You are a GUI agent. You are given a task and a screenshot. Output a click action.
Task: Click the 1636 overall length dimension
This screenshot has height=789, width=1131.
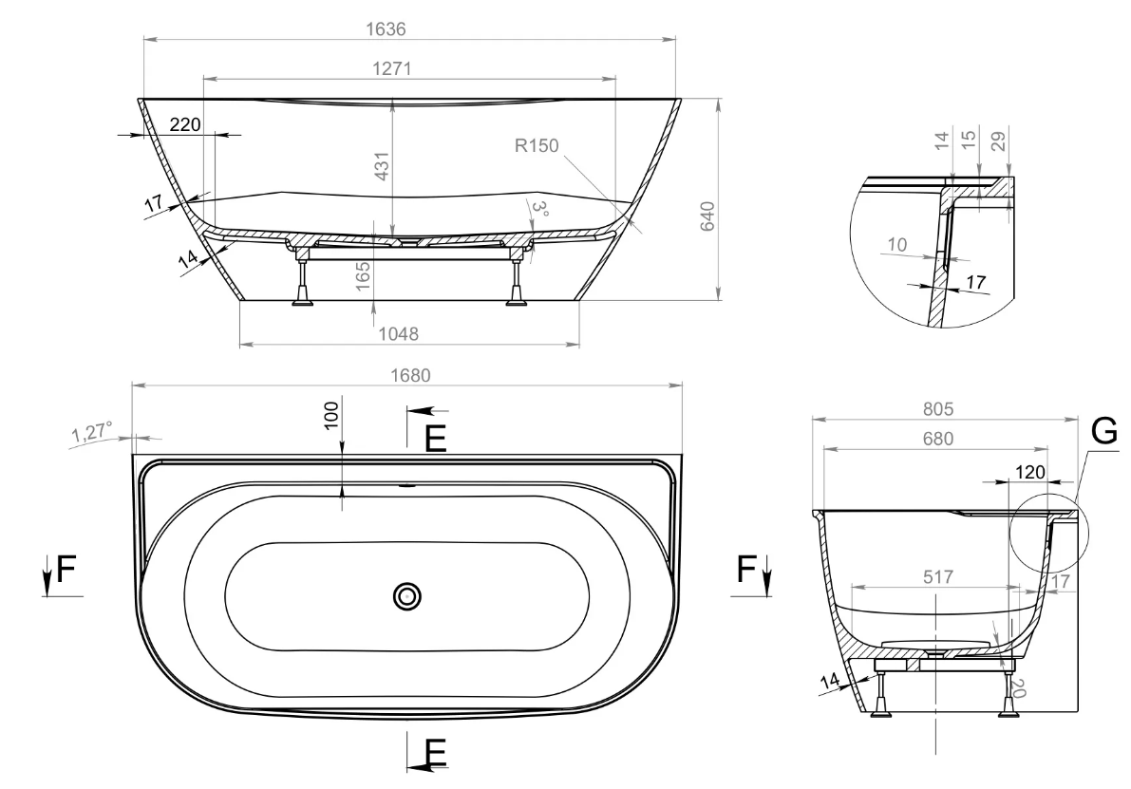pyautogui.click(x=386, y=28)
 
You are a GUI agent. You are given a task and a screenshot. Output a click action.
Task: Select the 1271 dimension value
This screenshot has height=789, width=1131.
pyautogui.click(x=391, y=67)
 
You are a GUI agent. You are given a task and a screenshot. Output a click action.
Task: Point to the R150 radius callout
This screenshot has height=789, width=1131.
pyautogui.click(x=537, y=145)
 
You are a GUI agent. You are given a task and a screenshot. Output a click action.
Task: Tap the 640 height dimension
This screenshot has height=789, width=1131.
pyautogui.click(x=707, y=216)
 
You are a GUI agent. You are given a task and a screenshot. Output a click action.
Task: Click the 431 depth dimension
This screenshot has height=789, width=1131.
pyautogui.click(x=383, y=166)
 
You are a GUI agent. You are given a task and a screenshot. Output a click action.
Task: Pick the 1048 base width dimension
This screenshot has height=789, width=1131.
pyautogui.click(x=398, y=333)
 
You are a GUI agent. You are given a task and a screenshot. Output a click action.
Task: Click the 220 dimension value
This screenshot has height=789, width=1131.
pyautogui.click(x=185, y=124)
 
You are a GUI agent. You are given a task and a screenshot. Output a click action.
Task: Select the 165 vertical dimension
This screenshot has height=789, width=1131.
pyautogui.click(x=363, y=276)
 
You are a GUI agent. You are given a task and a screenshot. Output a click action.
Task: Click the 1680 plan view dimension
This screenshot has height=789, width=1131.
pyautogui.click(x=410, y=375)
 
